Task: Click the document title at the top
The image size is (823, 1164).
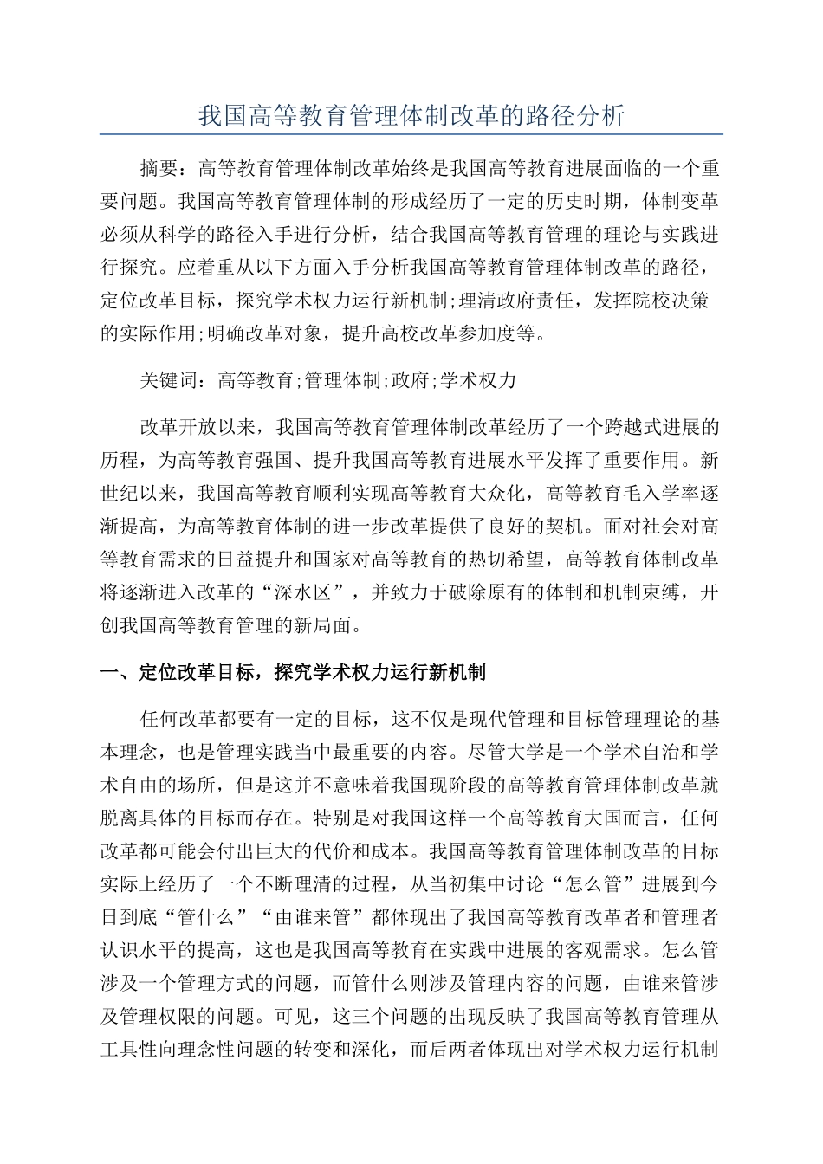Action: point(411,117)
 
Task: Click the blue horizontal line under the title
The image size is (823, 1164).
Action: point(411,135)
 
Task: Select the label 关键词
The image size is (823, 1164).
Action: point(168,379)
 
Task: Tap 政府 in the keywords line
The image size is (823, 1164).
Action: point(409,379)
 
